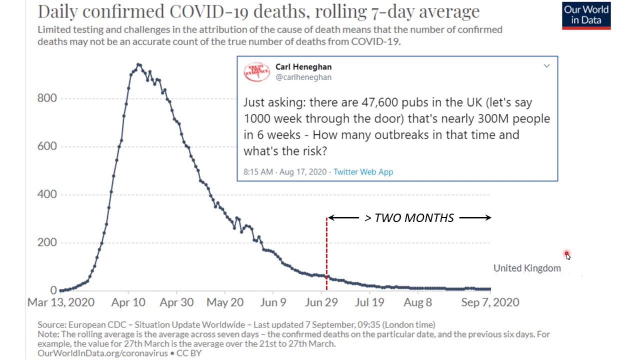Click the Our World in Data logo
tap(586, 15)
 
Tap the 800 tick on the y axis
tap(47, 98)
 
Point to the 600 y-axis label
tap(47, 146)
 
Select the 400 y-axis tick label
tap(47, 194)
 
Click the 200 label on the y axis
tap(47, 242)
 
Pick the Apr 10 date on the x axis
tap(128, 302)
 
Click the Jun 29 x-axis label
tap(321, 302)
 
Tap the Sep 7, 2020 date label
tap(490, 302)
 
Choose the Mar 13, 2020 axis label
tap(60, 302)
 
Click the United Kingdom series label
tap(527, 268)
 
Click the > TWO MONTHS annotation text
tap(409, 218)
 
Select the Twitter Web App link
tap(363, 172)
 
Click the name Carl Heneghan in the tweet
tap(303, 67)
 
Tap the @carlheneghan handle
tap(303, 77)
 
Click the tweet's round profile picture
tap(256, 72)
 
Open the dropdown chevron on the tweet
tap(546, 66)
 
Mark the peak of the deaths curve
tap(138, 64)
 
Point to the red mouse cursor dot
tap(566, 254)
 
